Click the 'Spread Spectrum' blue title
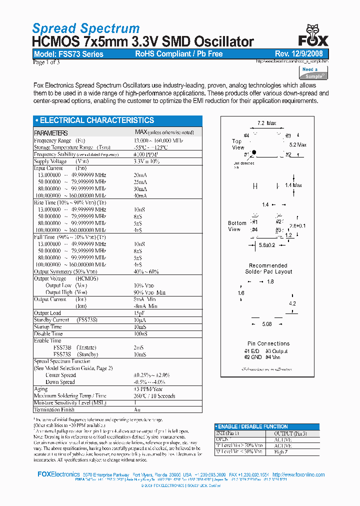click(85, 28)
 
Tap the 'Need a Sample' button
click(313, 73)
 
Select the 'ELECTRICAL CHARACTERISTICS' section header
click(94, 120)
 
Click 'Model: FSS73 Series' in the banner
click(68, 54)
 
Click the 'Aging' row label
click(40, 388)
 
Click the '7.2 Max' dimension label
click(266, 123)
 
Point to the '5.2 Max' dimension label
click(298, 144)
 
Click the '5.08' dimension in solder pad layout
click(267, 324)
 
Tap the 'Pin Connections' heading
click(268, 343)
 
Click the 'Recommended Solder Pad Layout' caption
click(268, 268)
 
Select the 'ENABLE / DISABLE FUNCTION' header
click(254, 426)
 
